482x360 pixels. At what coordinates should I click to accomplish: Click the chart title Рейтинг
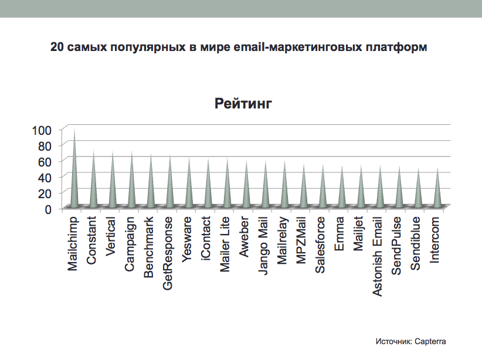243,104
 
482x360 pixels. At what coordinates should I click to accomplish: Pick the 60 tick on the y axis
45,161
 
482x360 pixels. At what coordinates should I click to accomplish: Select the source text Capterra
435,341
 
